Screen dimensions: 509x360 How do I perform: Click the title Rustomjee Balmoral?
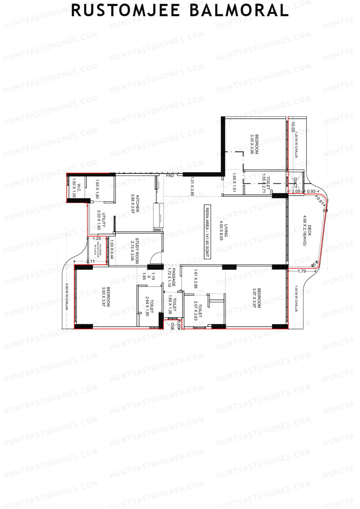[x=180, y=10]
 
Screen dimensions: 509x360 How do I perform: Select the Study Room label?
[x=135, y=251]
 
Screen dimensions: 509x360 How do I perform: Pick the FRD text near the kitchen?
[x=170, y=175]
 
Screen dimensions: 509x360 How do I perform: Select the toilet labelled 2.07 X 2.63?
[x=198, y=310]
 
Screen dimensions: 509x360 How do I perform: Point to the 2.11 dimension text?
[x=90, y=262]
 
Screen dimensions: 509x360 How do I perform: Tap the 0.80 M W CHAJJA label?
[x=67, y=297]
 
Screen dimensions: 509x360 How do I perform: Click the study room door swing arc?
[x=155, y=259]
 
